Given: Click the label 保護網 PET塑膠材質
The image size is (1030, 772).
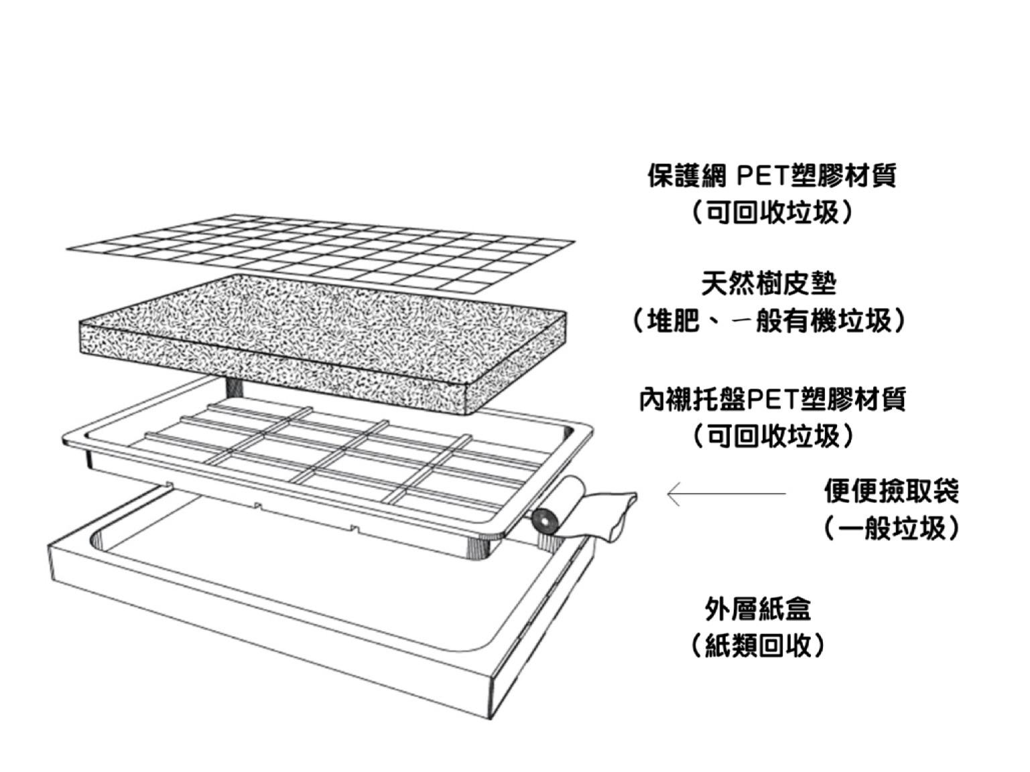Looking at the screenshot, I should click(771, 176).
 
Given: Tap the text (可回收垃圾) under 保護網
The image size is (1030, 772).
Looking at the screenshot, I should click(771, 213).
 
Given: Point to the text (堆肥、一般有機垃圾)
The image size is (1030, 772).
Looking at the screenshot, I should click(768, 321).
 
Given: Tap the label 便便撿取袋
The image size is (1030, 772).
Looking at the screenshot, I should click(891, 491).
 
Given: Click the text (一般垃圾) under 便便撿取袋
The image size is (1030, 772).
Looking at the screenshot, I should click(891, 528).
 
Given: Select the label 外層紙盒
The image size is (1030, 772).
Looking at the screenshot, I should click(758, 609).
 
